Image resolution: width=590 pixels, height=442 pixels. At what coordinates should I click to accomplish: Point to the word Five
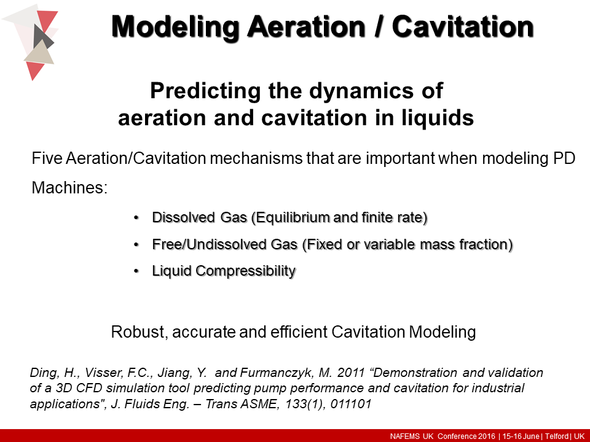click(x=45, y=158)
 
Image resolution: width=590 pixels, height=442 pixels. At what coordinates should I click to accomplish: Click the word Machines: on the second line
click(x=69, y=187)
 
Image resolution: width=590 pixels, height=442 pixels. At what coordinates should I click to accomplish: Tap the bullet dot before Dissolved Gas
click(x=136, y=218)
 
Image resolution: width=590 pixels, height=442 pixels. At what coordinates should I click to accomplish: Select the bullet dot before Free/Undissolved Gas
click(x=136, y=244)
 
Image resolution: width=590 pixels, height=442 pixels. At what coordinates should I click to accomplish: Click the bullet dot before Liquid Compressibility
click(x=136, y=271)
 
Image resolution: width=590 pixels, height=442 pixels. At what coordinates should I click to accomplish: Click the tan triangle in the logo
click(x=38, y=55)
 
